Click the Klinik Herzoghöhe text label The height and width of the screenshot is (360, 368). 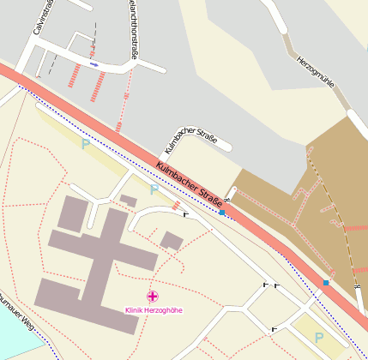154,309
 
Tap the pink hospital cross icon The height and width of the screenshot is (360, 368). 154,296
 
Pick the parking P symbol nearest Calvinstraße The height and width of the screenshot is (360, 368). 85,144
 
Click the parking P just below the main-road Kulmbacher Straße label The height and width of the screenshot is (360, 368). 154,189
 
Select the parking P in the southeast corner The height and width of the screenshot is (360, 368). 319,338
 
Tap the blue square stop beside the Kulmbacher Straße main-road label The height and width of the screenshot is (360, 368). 222,213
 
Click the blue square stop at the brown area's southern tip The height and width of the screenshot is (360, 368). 326,283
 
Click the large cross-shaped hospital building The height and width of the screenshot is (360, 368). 94,257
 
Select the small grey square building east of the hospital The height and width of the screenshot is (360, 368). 171,240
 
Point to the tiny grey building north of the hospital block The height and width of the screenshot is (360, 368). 128,201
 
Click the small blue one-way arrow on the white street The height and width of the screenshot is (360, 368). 94,64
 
